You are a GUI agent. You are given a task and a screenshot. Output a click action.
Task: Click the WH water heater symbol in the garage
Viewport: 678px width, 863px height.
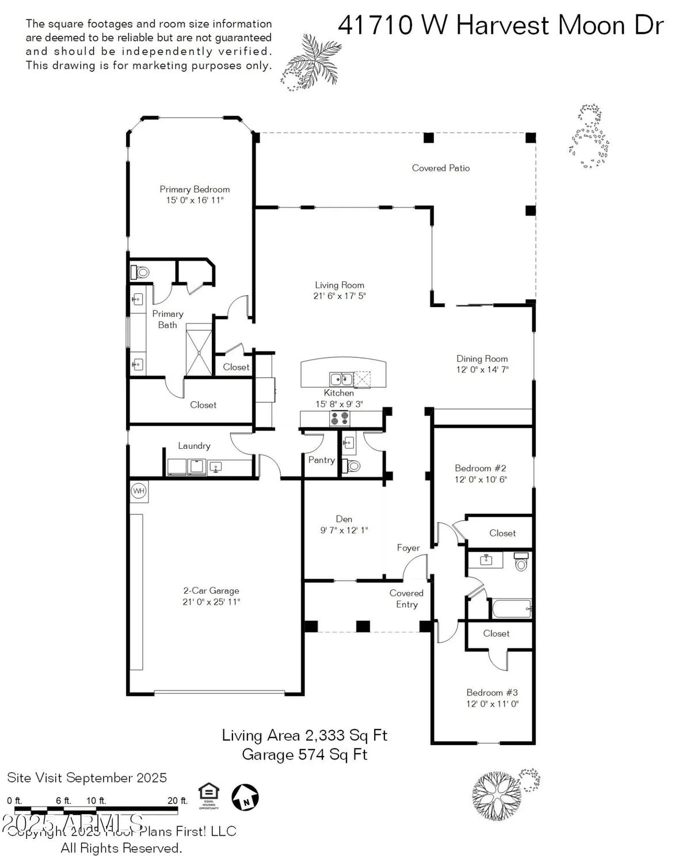(138, 491)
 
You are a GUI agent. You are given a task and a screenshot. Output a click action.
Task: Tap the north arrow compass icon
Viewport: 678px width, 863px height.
(245, 797)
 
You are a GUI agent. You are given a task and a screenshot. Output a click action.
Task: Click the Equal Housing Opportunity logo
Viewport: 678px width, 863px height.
(208, 796)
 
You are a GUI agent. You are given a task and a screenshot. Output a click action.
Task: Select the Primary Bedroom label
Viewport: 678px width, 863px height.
(195, 189)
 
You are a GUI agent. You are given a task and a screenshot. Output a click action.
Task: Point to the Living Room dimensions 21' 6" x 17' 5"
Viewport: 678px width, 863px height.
(340, 296)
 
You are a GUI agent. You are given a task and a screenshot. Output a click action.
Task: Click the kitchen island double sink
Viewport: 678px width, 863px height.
(341, 379)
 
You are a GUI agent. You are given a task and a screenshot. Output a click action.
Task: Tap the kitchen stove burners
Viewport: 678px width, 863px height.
(340, 418)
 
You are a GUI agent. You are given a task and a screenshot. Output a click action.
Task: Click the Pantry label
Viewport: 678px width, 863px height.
(321, 460)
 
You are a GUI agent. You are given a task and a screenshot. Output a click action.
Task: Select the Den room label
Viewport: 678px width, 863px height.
(344, 519)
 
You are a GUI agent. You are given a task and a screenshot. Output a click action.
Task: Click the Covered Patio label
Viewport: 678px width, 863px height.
(441, 168)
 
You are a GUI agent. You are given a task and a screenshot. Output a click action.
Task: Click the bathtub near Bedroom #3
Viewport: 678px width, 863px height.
(511, 608)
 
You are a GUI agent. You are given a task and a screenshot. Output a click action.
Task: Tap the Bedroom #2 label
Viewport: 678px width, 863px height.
(481, 468)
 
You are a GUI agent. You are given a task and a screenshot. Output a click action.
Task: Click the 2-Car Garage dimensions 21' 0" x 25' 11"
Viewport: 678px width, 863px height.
(211, 602)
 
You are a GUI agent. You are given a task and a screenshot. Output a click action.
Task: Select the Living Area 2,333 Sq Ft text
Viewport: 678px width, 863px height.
(304, 735)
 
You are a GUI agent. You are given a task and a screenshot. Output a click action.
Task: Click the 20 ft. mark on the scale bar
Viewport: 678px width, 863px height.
(177, 800)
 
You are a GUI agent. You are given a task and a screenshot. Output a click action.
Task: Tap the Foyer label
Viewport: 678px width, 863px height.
(408, 548)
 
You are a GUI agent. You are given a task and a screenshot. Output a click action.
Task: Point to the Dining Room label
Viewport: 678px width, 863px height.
(482, 358)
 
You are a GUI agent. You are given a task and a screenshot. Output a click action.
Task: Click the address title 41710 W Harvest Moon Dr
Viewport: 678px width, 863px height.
(501, 26)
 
